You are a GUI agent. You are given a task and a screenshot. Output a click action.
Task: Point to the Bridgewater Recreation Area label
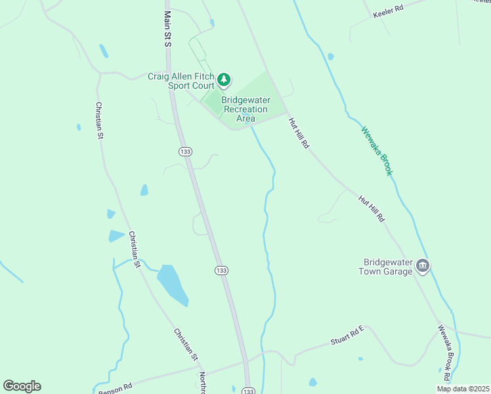pos(245,109)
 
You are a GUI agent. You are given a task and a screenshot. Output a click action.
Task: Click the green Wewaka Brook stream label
pos(377,150)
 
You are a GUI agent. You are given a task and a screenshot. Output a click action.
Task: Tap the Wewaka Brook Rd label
pos(444,353)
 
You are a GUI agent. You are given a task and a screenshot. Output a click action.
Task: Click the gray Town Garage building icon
pos(423,267)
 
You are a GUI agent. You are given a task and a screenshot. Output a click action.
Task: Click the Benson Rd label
pos(116,387)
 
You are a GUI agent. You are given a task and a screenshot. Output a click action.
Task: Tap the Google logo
pos(22,386)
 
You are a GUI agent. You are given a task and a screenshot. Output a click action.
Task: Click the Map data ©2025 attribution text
pos(463,389)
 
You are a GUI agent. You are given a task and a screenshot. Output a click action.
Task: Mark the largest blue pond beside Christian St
pos(173,284)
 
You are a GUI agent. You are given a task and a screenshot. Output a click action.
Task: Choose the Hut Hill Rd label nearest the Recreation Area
pos(298,133)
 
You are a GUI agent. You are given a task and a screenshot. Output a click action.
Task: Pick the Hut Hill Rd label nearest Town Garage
pos(371,208)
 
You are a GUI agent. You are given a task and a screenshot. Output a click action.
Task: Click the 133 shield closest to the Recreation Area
pos(184,152)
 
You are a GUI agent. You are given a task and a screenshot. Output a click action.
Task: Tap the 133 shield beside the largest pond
pos(221,270)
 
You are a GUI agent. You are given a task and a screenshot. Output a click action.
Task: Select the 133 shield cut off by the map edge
pos(247,390)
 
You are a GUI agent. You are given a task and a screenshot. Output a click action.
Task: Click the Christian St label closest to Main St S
pos(100,120)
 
